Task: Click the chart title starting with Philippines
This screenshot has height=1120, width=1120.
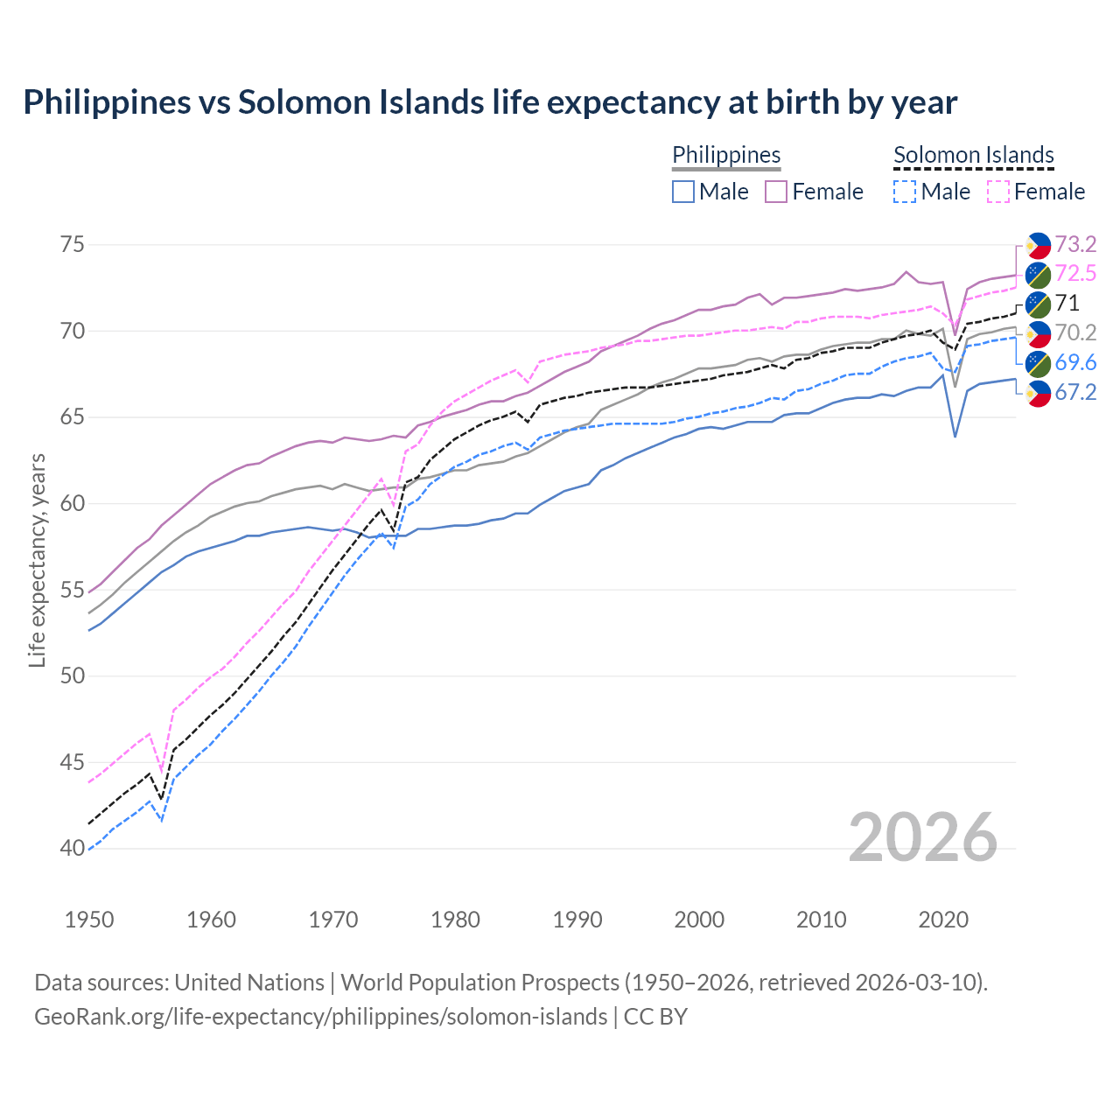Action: coord(490,102)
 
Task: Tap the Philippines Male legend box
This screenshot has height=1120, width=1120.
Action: coord(683,192)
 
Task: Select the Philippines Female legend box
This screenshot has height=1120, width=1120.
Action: coord(777,192)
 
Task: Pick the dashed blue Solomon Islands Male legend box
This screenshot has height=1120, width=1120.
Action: coord(905,192)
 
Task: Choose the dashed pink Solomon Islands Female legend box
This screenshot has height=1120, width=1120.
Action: coord(998,192)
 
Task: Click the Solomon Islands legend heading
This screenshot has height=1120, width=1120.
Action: coord(973,155)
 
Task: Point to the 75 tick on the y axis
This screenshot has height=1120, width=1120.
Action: coord(73,244)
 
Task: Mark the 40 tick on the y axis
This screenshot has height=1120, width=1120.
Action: coord(73,848)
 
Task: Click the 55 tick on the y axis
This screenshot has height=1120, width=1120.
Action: coord(73,590)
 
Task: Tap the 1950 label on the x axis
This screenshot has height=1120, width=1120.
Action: coord(89,920)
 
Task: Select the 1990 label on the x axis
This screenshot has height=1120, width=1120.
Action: coord(577,920)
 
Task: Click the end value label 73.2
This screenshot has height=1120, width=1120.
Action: coord(1075,244)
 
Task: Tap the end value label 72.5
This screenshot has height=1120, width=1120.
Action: coord(1075,274)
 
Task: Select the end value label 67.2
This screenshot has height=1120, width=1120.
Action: coord(1075,392)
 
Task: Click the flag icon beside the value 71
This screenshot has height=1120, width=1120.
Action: coord(1038,304)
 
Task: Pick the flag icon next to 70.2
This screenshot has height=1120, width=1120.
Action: coord(1038,333)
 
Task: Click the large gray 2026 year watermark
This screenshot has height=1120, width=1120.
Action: coord(923,837)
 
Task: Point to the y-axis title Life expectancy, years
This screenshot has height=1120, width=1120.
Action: coord(37,560)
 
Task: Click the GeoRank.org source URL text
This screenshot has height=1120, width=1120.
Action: coord(320,1017)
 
